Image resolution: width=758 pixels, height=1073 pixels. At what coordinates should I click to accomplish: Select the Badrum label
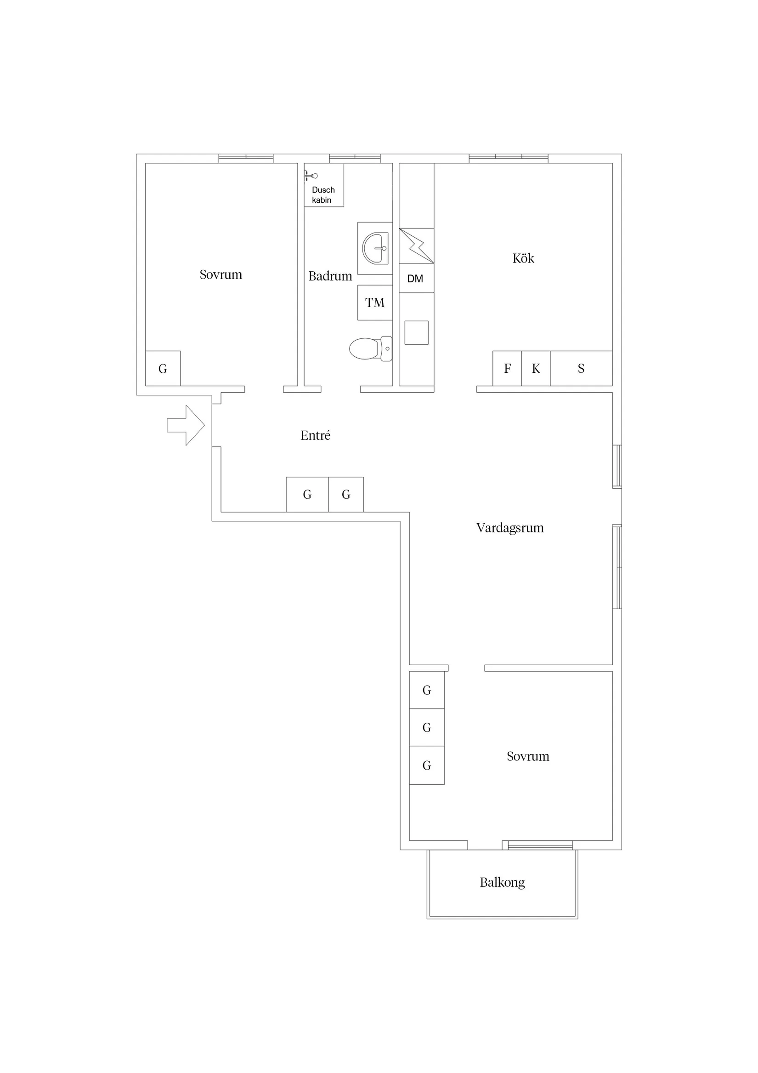(x=330, y=276)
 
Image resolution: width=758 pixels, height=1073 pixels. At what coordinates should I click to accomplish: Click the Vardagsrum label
(x=509, y=528)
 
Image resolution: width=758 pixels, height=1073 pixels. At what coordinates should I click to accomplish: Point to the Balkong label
(x=502, y=882)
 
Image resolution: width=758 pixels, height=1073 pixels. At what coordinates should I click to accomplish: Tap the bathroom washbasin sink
(x=375, y=248)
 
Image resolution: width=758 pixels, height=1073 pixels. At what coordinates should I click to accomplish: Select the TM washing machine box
(x=374, y=303)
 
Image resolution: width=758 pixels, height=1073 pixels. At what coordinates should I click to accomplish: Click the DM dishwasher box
(x=416, y=279)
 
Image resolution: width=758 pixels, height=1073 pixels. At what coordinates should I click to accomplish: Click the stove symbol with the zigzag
(x=416, y=246)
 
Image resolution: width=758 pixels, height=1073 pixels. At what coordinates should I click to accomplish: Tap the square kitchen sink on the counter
(x=416, y=333)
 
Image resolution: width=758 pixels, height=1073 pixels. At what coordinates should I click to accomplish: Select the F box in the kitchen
(x=507, y=368)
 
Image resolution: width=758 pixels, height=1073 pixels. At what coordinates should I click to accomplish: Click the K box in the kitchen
(x=536, y=368)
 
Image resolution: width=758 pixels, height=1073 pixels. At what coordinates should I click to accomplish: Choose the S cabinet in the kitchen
(x=581, y=368)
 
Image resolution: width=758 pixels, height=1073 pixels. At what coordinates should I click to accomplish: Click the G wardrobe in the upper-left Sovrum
(x=163, y=369)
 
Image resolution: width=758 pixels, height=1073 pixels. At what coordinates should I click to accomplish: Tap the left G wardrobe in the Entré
(x=307, y=495)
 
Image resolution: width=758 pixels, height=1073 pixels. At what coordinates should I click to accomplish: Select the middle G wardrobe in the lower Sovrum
(x=426, y=728)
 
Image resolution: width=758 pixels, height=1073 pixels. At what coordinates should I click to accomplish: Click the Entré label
(x=315, y=435)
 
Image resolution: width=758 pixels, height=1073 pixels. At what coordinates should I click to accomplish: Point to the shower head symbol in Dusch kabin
(x=311, y=176)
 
